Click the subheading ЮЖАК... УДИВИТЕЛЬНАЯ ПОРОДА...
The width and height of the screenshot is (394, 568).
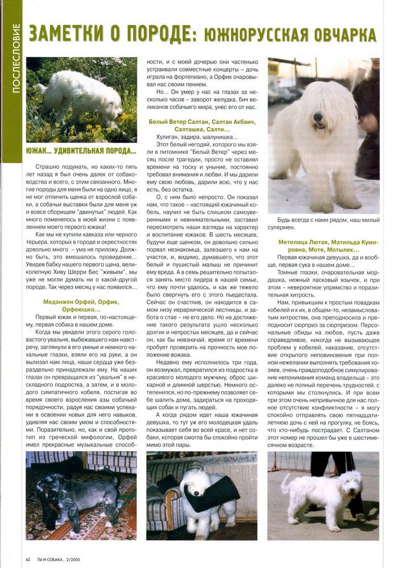click(x=81, y=151)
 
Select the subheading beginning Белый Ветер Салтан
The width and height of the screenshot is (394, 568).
click(x=202, y=126)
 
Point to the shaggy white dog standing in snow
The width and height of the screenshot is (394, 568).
click(x=315, y=148)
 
